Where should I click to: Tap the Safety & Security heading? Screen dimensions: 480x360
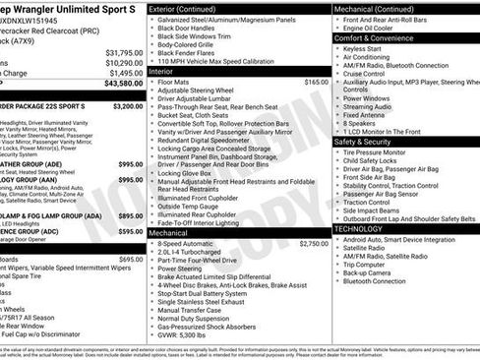[x=369, y=142]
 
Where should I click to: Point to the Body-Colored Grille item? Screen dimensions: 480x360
[x=188, y=45]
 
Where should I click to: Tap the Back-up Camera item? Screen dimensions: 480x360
[x=373, y=271]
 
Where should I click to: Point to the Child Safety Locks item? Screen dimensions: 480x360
[x=377, y=160]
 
